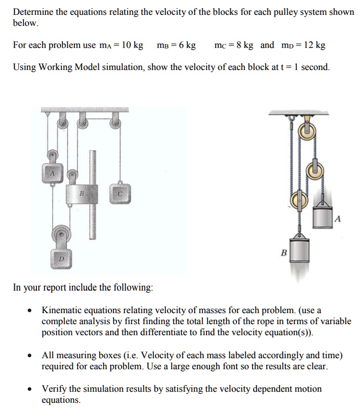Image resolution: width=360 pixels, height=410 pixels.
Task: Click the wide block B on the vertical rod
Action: (82, 194)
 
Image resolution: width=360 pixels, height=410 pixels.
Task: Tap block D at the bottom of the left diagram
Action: (61, 258)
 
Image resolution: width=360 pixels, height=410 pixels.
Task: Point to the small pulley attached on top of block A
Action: (53, 156)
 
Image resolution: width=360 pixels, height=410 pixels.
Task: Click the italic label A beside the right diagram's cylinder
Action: (337, 219)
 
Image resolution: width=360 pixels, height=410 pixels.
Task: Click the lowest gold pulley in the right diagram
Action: (298, 199)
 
